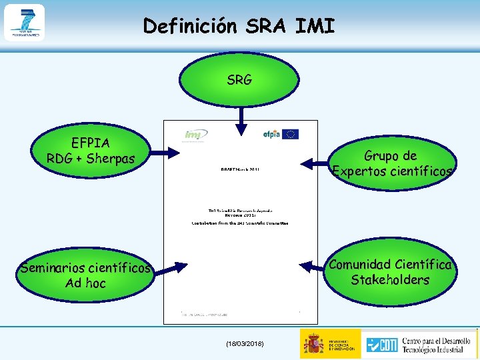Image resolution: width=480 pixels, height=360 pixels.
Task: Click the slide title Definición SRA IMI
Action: pos(239,26)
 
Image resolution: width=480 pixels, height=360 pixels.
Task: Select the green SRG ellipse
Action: pos(239,80)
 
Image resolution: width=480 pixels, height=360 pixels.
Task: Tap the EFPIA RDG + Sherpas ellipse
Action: pos(91,151)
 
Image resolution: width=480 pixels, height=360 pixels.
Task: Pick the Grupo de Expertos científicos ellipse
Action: pos(391,164)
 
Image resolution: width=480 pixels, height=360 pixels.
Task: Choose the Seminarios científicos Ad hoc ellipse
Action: pos(85,275)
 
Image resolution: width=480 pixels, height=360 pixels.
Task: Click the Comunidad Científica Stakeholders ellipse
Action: pos(390,272)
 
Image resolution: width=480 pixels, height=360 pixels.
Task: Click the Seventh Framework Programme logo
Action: pos(24,23)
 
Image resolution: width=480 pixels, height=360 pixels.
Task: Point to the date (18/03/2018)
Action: pos(245,343)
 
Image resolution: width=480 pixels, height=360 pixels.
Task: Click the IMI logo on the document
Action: pos(196,135)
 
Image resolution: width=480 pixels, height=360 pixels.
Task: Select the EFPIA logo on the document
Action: pos(272,134)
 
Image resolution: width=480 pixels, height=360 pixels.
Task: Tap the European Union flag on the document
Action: pos(291,134)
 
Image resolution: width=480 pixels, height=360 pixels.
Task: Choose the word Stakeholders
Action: pos(390,280)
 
